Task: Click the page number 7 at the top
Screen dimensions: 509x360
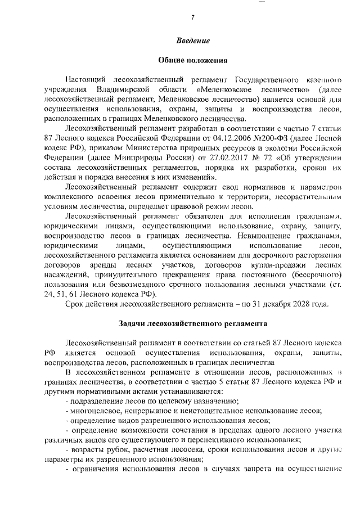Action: coord(192,17)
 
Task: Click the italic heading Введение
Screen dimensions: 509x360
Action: coord(192,40)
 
